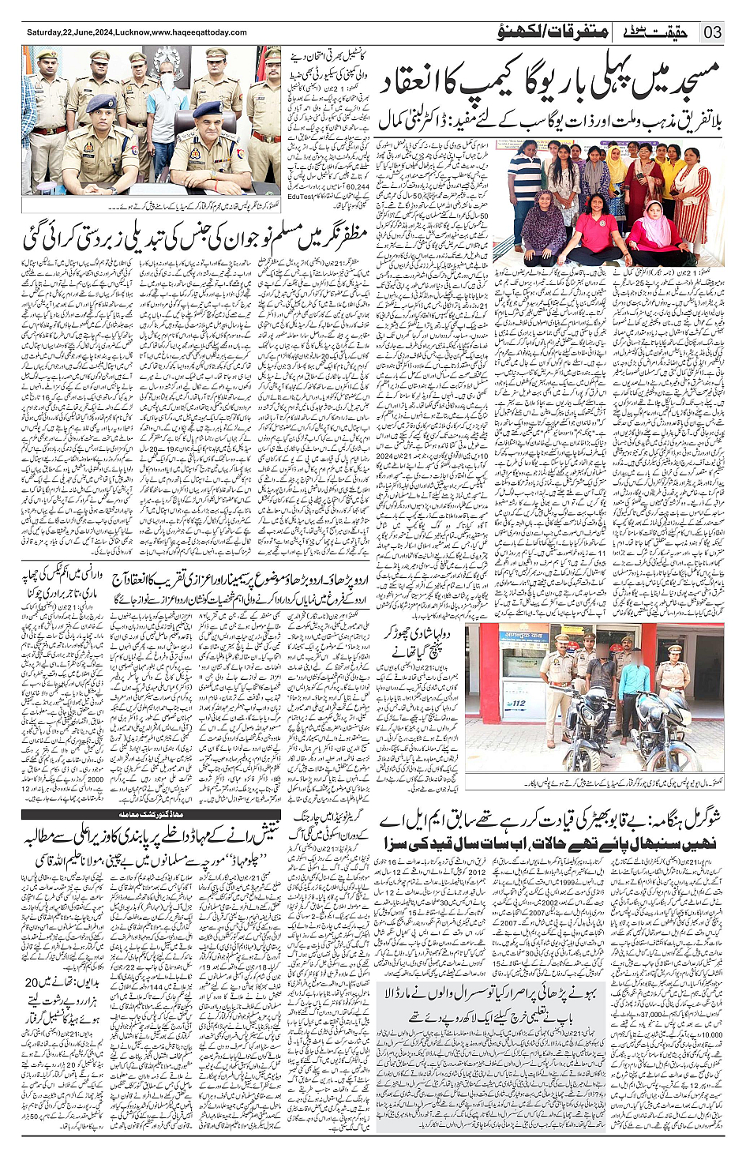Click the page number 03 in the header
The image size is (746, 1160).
713,32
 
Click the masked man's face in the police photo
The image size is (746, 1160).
167,81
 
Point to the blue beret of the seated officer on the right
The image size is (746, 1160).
207,108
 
